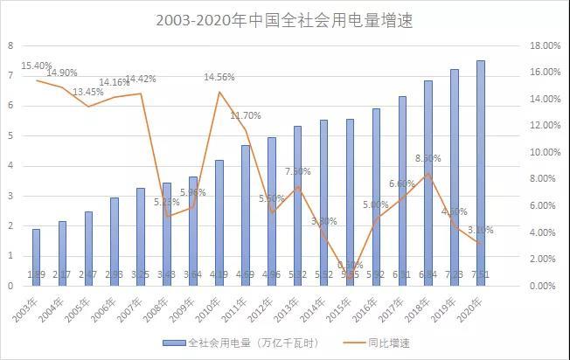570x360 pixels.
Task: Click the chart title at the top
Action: pos(285,19)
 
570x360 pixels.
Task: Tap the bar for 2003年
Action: pos(37,257)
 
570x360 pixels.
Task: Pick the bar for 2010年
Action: pos(219,222)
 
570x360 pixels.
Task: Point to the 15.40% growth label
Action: pos(38,66)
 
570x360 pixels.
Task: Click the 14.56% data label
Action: pos(219,77)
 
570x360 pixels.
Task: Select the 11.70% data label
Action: pos(246,115)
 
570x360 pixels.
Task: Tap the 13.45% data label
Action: pos(88,92)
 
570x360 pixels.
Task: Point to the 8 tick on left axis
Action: pos(10,45)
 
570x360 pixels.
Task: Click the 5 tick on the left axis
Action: pos(10,135)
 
